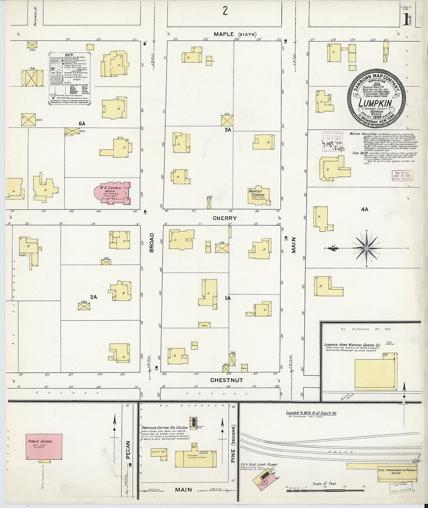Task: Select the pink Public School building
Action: coord(44,446)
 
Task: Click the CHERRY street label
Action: coord(225,218)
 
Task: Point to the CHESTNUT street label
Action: coord(226,380)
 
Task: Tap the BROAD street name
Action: coord(152,243)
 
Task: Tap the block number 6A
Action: coord(82,123)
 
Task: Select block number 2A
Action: coord(93,297)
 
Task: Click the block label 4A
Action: coord(364,209)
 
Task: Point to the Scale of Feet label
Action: coord(325,484)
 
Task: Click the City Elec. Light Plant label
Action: coord(261,465)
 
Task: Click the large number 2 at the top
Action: coord(225,11)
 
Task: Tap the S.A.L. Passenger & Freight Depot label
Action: coord(397,470)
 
